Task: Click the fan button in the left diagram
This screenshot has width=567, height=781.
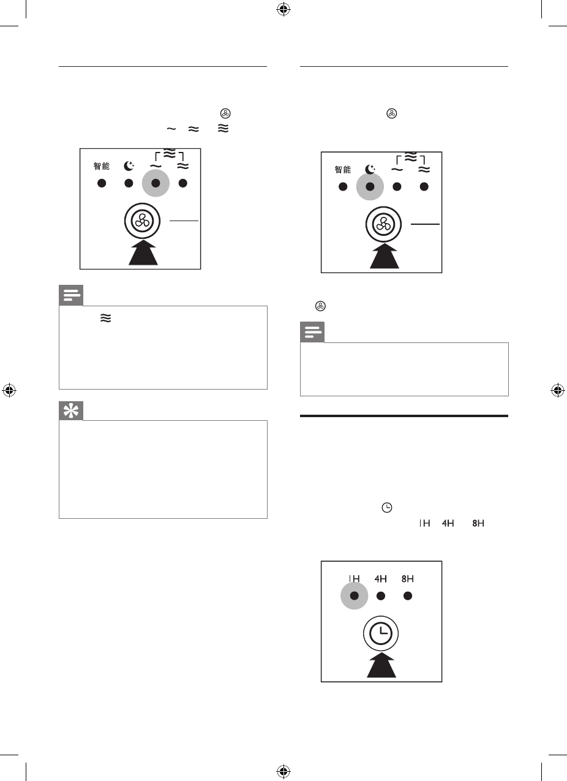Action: (143, 221)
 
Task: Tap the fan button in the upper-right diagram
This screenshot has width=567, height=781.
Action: (384, 225)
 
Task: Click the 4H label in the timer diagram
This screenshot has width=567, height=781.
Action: (380, 578)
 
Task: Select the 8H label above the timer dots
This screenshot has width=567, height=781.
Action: (407, 578)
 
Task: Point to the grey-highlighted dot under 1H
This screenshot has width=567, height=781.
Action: (354, 595)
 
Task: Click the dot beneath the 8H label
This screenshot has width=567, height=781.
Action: (408, 595)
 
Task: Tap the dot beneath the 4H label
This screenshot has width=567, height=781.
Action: (380, 595)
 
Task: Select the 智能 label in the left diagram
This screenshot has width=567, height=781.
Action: (102, 166)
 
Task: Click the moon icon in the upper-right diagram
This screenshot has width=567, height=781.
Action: (369, 170)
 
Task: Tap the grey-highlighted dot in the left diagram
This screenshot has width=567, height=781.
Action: (156, 183)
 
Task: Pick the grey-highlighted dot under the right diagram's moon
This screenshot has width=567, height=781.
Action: (370, 187)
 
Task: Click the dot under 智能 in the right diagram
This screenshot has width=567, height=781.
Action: (343, 187)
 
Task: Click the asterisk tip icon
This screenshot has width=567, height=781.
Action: (70, 411)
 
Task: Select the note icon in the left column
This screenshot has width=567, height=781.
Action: (70, 296)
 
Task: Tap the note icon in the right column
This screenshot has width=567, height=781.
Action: (312, 333)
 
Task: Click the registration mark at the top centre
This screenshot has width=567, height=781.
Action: (283, 9)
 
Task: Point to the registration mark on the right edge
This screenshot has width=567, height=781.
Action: (557, 390)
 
